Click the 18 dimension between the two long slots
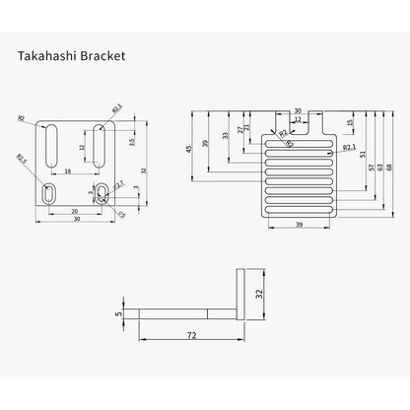[67, 171]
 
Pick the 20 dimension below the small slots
[75, 210]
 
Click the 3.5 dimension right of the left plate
[131, 141]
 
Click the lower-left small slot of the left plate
[50, 190]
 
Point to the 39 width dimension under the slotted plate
[299, 225]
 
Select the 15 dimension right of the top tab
[349, 123]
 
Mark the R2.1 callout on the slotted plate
[349, 147]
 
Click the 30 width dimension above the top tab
[299, 110]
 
